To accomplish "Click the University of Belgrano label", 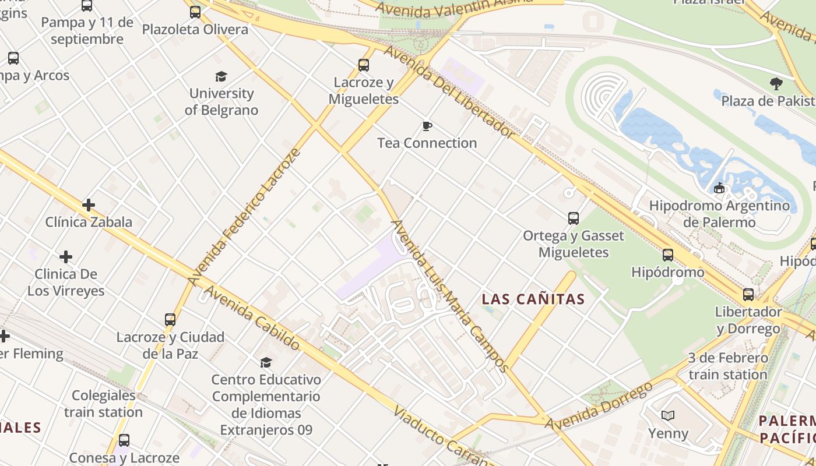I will click(221, 101).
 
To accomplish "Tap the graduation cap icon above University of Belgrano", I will click(221, 76).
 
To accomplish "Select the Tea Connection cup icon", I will click(427, 126).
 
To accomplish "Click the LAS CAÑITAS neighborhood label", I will click(533, 299).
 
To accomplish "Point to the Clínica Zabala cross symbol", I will click(89, 205).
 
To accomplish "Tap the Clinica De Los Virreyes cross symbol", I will click(66, 257).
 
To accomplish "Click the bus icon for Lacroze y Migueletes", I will click(364, 65).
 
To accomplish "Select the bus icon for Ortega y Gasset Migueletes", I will click(574, 218).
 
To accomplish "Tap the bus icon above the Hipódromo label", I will click(668, 255).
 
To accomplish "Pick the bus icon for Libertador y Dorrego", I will click(748, 295).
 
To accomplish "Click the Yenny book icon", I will click(668, 415).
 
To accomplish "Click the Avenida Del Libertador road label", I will click(449, 93).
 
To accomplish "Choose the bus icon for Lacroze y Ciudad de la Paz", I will click(170, 320).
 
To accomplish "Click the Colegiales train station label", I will click(103, 404).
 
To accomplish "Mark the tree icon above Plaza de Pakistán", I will click(776, 84).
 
